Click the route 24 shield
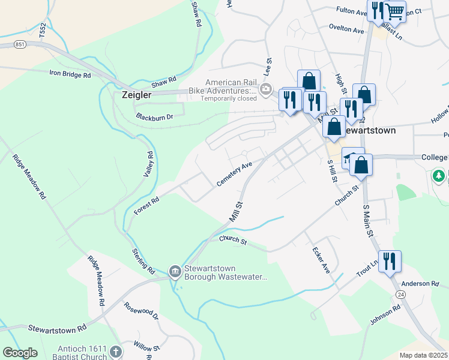400,294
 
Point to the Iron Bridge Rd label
70,75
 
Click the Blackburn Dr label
154,116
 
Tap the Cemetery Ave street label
235,174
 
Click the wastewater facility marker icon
175,272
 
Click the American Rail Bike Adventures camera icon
266,90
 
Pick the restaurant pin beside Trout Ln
390,261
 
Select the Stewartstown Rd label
57,329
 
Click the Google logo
20,353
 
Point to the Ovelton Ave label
346,29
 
